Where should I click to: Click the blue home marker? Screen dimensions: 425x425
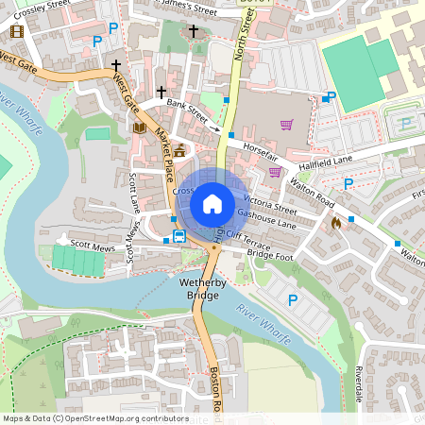tap(212, 203)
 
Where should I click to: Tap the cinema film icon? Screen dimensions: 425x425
tap(16, 31)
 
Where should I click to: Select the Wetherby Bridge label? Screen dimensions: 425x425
tap(199, 289)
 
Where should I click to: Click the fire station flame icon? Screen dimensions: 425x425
tap(337, 223)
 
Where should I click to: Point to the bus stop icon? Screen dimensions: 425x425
tap(178, 235)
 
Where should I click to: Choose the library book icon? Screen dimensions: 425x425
tap(140, 127)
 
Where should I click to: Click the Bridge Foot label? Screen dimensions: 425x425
tap(270, 256)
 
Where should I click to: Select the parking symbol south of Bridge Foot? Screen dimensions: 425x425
tap(292, 299)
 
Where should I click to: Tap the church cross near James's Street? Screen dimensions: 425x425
tap(194, 31)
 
